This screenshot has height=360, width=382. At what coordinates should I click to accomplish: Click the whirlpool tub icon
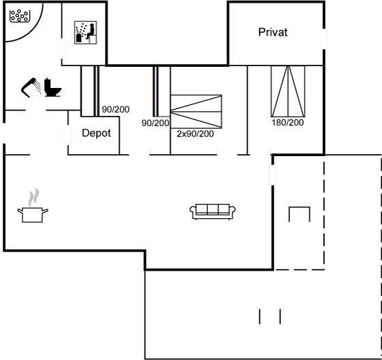click(20, 16)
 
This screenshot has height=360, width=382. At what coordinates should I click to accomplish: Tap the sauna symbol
click(85, 33)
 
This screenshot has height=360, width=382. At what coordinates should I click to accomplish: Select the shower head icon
click(31, 87)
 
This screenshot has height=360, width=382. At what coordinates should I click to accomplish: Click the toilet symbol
click(53, 87)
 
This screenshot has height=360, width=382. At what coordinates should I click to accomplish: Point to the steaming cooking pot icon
click(33, 205)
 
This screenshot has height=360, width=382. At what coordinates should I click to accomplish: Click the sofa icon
click(212, 211)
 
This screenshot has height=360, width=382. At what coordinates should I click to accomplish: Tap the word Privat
click(273, 32)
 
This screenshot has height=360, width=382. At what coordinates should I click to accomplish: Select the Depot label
click(96, 133)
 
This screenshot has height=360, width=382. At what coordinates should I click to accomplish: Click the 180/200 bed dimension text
click(288, 122)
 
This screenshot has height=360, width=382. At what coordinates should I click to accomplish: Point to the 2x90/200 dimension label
click(195, 134)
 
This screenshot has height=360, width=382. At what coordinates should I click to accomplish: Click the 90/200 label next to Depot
click(115, 109)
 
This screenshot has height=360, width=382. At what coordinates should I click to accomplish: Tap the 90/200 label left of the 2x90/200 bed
click(156, 123)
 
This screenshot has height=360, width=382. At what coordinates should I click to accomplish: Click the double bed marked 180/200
click(288, 91)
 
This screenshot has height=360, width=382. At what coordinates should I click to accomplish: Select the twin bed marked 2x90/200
click(196, 112)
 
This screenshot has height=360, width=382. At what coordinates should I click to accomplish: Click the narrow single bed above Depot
click(96, 91)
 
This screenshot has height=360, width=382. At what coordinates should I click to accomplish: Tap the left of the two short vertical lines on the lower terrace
click(260, 316)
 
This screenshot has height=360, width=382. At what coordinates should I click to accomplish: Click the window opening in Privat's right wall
click(324, 40)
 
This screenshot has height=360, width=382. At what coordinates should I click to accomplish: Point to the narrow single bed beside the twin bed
click(156, 91)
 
